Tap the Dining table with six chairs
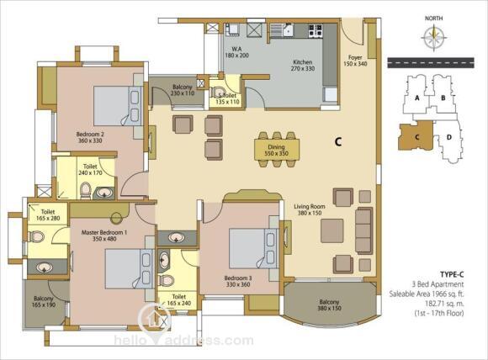click(278, 150)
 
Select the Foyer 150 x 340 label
click(356, 61)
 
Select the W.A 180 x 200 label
click(236, 51)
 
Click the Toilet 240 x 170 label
click(90, 172)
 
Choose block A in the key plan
click(417, 98)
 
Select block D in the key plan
click(449, 136)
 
